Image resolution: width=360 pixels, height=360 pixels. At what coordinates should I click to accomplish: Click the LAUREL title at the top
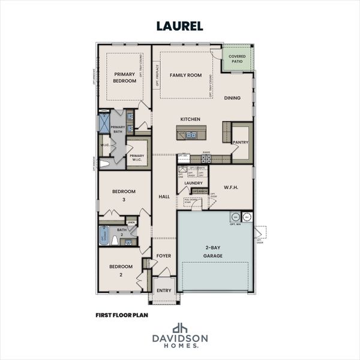click(x=179, y=26)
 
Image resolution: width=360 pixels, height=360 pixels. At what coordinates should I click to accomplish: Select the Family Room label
click(x=185, y=75)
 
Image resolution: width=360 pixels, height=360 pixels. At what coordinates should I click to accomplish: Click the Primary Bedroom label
click(x=125, y=77)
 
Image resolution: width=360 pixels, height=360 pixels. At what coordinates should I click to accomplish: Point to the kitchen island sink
click(x=190, y=135)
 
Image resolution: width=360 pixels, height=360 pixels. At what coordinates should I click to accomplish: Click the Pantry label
click(x=241, y=142)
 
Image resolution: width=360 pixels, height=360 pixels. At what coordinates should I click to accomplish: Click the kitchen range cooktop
click(x=206, y=158)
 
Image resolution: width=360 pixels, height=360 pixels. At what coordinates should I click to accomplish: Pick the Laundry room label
click(x=193, y=183)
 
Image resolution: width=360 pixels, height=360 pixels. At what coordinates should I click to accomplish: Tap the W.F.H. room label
click(x=231, y=187)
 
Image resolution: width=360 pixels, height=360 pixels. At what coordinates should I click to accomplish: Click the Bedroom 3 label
click(x=124, y=196)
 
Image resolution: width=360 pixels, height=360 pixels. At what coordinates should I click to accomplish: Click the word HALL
click(x=164, y=196)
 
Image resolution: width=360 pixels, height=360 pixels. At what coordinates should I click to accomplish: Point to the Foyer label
click(x=164, y=256)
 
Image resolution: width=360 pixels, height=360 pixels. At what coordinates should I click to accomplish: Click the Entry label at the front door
click(x=163, y=290)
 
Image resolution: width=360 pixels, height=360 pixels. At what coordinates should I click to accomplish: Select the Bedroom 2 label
click(x=120, y=270)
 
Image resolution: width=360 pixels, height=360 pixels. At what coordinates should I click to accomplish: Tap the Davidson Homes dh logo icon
click(x=180, y=328)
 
